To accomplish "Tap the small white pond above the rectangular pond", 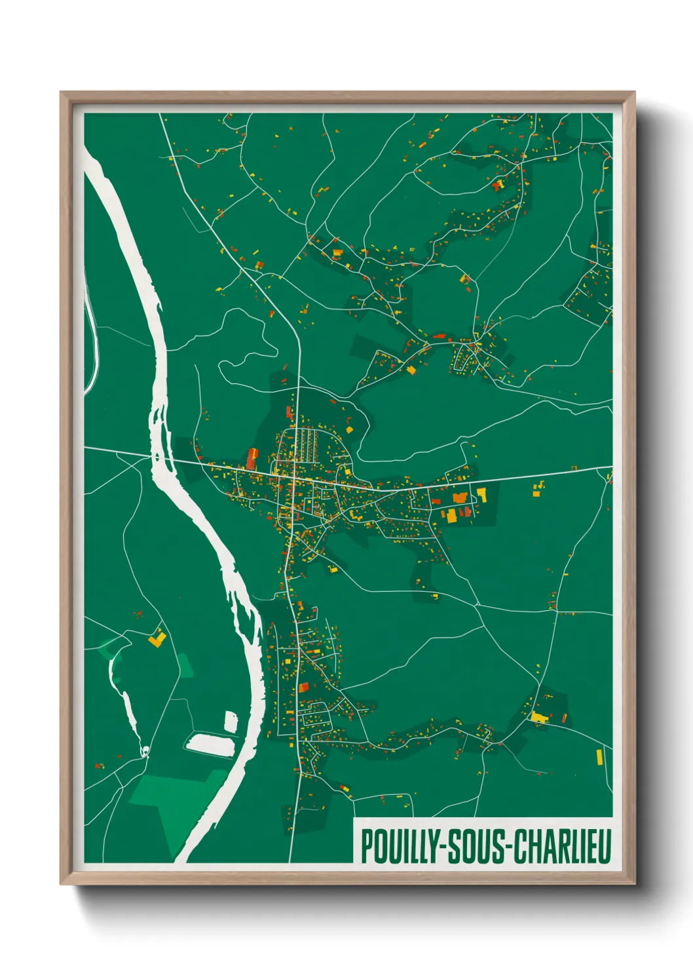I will click(231, 721).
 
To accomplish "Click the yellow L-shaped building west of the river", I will click(157, 638).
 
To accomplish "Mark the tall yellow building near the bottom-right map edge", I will click(599, 757).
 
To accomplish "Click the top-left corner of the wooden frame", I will click(62, 93).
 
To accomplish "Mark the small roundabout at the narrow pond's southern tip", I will click(145, 750).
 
